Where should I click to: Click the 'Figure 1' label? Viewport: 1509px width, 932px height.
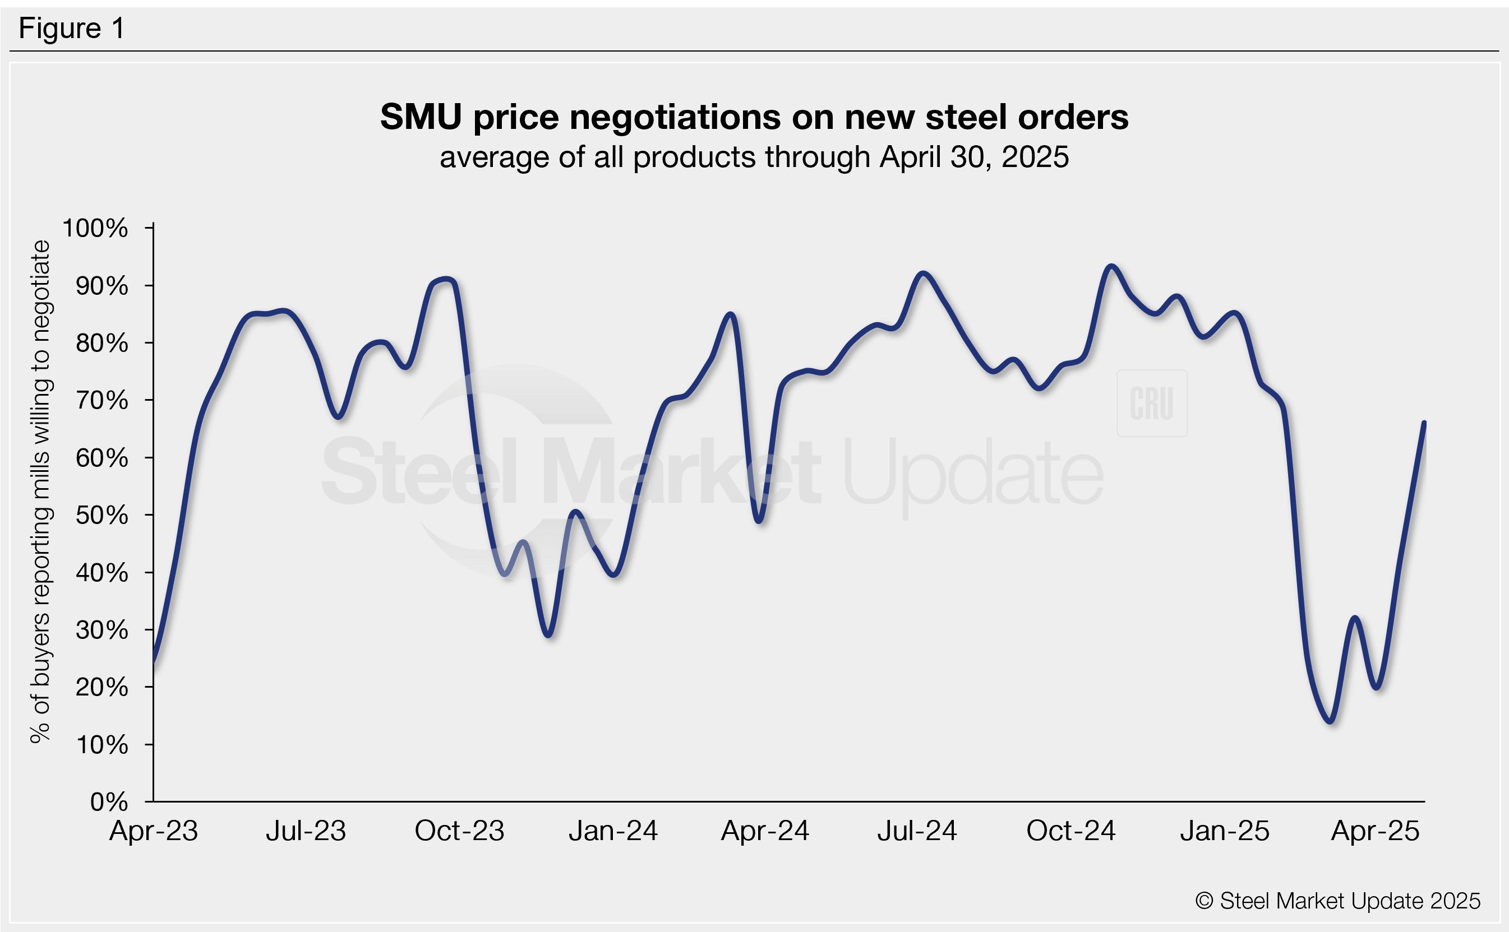(x=72, y=29)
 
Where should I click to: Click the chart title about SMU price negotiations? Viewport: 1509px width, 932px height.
(x=754, y=117)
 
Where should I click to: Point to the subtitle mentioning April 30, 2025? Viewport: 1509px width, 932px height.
(x=754, y=157)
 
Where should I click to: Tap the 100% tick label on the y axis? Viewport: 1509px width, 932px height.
(x=95, y=228)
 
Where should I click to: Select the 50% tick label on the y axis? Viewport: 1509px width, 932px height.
(x=101, y=515)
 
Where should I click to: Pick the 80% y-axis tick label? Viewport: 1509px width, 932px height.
(x=101, y=344)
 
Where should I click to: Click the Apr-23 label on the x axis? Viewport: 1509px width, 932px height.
(x=154, y=831)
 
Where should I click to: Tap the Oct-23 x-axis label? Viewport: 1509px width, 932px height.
(x=459, y=831)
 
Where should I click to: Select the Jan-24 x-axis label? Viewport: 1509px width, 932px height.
(x=613, y=831)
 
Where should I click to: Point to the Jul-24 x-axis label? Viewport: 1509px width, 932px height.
(x=917, y=831)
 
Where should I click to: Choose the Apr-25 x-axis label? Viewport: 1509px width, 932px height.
(x=1375, y=831)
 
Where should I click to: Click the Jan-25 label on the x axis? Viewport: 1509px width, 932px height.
(x=1225, y=831)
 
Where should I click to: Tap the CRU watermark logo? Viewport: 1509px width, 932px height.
(x=1151, y=403)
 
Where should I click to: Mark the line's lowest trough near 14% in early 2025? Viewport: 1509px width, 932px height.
(x=1331, y=721)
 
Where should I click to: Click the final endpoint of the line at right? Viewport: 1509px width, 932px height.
(x=1424, y=423)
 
